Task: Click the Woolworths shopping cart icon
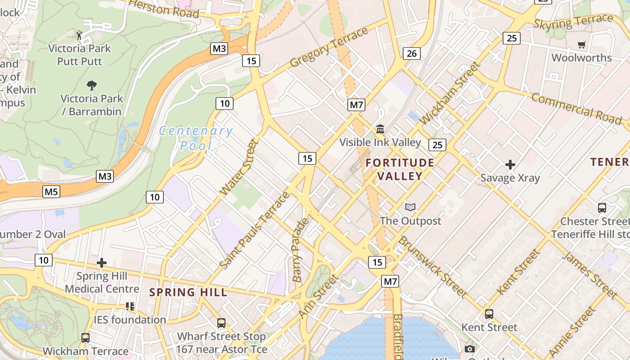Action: pyautogui.click(x=581, y=45)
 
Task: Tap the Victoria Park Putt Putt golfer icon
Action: pyautogui.click(x=80, y=35)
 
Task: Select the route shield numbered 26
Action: pyautogui.click(x=411, y=54)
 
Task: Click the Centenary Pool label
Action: pyautogui.click(x=196, y=138)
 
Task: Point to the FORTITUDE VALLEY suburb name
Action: pyautogui.click(x=400, y=169)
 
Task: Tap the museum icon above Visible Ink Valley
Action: pyautogui.click(x=380, y=129)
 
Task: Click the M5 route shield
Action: pyautogui.click(x=51, y=192)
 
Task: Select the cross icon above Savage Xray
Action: pyautogui.click(x=510, y=165)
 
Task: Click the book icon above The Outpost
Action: pyautogui.click(x=410, y=207)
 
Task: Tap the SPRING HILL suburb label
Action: pyautogui.click(x=188, y=292)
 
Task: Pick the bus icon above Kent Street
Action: pyautogui.click(x=489, y=314)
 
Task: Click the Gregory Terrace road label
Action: pyautogui.click(x=329, y=47)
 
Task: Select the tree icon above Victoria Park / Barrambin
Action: pyautogui.click(x=91, y=85)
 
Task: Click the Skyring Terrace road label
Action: pyautogui.click(x=573, y=21)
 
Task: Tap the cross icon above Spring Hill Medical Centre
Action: pyautogui.click(x=102, y=263)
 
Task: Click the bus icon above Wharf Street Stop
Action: pyautogui.click(x=221, y=323)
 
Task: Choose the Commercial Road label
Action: pyautogui.click(x=576, y=108)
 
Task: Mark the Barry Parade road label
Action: pyautogui.click(x=300, y=250)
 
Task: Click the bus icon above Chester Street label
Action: pyautogui.click(x=602, y=207)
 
